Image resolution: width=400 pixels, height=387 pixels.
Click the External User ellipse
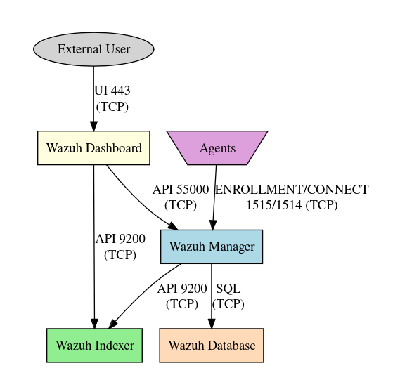click(x=93, y=49)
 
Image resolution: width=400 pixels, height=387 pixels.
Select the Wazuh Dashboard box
click(x=93, y=148)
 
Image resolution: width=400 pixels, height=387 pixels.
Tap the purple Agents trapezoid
click(x=217, y=148)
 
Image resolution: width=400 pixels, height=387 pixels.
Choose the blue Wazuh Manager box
click(x=212, y=247)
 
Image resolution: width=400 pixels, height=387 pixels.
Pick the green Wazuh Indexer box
click(x=94, y=346)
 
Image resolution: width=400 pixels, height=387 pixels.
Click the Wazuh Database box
click(x=212, y=346)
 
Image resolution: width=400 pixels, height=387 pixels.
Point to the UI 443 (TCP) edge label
click(x=112, y=98)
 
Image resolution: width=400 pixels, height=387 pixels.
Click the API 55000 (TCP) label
click(x=181, y=197)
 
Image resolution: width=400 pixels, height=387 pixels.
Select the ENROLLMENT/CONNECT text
click(x=292, y=190)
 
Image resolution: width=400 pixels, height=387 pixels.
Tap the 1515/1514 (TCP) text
click(x=292, y=205)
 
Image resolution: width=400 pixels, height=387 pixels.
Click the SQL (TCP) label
click(x=228, y=296)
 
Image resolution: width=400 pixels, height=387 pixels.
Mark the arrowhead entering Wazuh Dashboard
click(x=93, y=126)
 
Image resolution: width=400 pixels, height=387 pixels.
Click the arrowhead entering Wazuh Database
click(x=212, y=324)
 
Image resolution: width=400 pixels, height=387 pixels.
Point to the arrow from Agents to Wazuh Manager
click(x=214, y=197)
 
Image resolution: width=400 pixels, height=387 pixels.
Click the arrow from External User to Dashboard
click(x=93, y=98)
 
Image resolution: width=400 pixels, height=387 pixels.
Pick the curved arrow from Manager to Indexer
click(x=143, y=293)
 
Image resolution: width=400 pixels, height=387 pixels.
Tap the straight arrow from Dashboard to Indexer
click(x=94, y=247)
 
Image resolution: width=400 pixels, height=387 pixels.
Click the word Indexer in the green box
click(x=115, y=346)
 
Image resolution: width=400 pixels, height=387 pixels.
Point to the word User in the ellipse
click(x=118, y=49)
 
